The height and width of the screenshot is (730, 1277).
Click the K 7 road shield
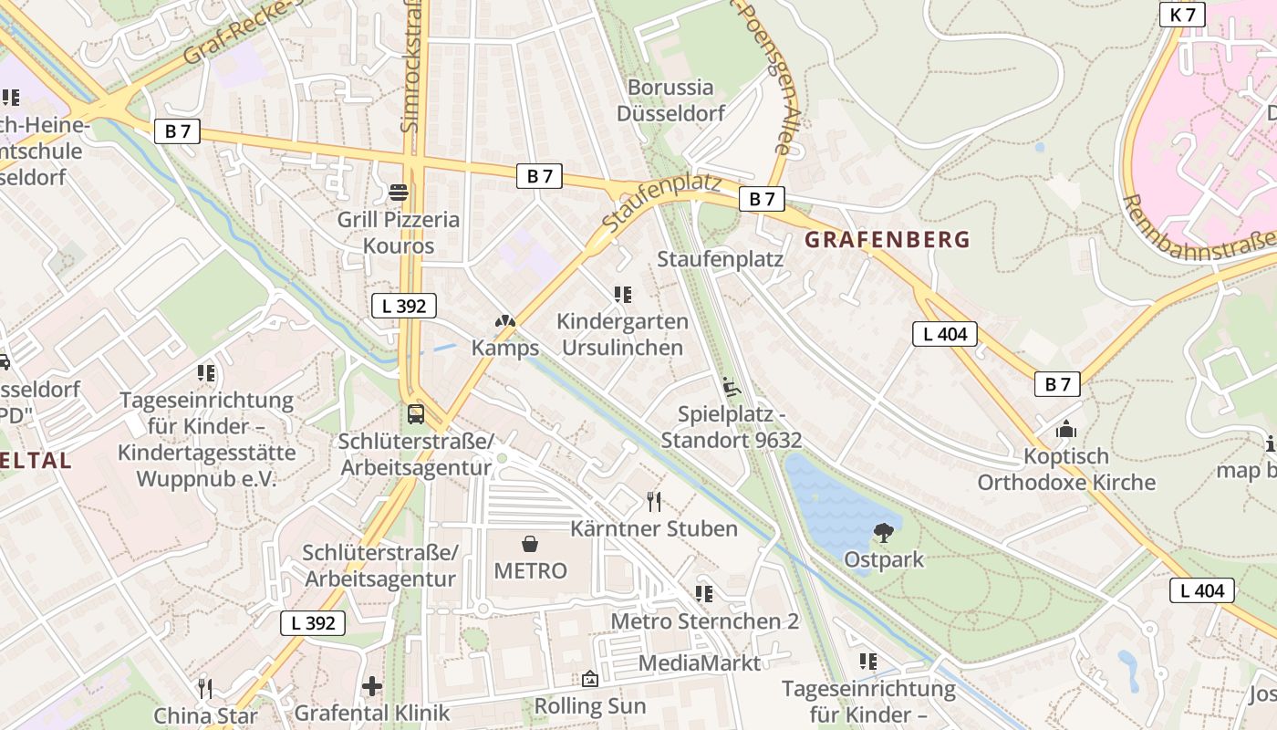click(x=1182, y=15)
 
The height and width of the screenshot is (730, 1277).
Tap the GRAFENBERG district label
click(x=887, y=240)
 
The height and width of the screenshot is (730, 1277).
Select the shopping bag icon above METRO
click(x=530, y=545)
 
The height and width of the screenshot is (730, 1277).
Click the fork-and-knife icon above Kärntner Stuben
click(x=654, y=501)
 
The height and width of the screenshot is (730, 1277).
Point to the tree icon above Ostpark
click(x=882, y=533)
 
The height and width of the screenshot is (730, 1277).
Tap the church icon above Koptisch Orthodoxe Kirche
click(x=1065, y=429)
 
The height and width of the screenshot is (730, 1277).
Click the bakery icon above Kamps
click(x=504, y=321)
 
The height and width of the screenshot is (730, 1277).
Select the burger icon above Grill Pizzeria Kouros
click(x=399, y=192)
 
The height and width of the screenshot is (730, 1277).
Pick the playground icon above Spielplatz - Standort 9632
click(x=731, y=388)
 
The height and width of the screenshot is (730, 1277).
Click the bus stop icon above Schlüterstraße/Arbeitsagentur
click(x=416, y=413)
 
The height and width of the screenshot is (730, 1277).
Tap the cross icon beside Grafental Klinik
click(x=371, y=686)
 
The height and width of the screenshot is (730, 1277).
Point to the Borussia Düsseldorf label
click(x=670, y=100)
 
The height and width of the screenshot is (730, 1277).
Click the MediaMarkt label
click(x=699, y=663)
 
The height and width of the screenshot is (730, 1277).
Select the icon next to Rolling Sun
click(x=590, y=680)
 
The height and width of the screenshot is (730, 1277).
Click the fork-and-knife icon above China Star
click(x=205, y=688)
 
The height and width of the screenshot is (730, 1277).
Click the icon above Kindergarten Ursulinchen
click(x=623, y=295)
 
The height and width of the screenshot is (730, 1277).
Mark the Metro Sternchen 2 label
click(x=704, y=621)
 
